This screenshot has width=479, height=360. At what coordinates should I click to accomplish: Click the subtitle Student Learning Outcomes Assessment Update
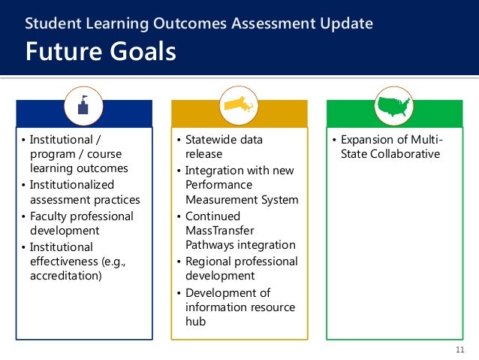199,23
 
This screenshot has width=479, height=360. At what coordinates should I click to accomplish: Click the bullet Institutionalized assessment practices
79,192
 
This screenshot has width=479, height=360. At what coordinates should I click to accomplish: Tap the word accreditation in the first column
64,275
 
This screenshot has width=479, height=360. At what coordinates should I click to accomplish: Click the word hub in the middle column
195,322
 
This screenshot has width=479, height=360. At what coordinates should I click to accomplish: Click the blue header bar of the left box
45,114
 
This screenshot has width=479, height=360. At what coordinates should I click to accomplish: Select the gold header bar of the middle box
195,114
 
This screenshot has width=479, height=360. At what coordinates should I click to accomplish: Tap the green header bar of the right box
353,114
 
